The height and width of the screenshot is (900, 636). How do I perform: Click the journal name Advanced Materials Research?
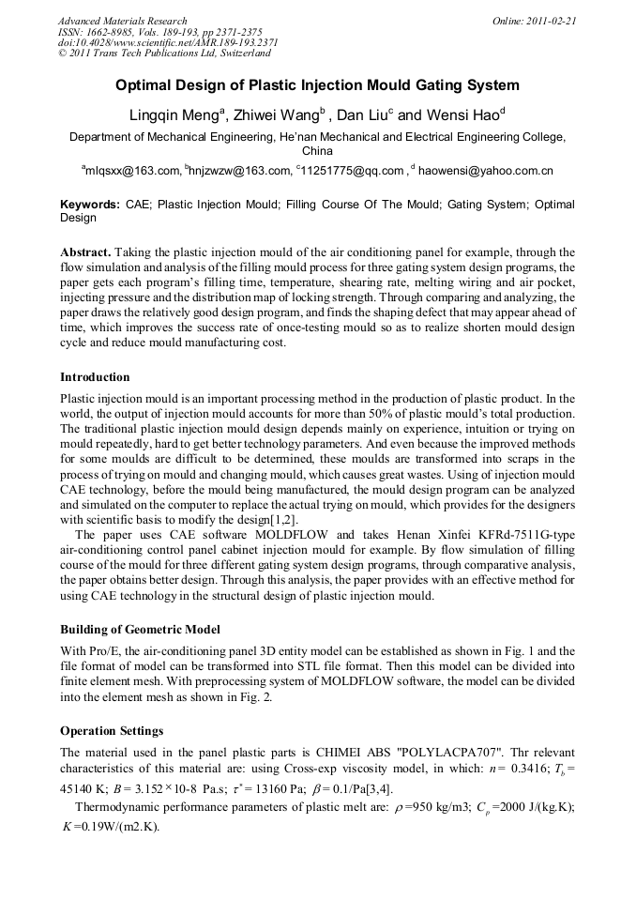(x=122, y=21)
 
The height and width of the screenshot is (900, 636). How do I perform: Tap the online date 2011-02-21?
(x=553, y=21)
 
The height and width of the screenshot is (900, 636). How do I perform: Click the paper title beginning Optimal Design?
(x=317, y=85)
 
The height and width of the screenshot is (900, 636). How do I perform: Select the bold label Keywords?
(x=90, y=204)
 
